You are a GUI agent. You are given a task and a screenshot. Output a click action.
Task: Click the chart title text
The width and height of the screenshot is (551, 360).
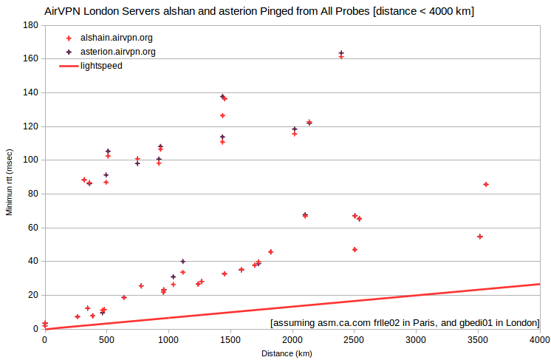click(259, 11)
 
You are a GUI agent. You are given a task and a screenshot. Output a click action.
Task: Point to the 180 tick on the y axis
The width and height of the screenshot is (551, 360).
click(30, 25)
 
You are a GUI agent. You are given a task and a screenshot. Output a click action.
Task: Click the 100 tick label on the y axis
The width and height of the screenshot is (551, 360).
click(30, 160)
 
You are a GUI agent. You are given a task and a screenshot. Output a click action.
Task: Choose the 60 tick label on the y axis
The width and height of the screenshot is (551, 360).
click(33, 228)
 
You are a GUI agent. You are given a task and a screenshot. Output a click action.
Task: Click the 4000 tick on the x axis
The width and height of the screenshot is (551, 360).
click(540, 339)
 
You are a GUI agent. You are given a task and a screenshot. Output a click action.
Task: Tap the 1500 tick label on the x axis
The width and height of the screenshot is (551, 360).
click(230, 339)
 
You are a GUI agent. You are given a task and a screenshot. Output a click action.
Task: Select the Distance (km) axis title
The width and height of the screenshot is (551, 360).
click(287, 353)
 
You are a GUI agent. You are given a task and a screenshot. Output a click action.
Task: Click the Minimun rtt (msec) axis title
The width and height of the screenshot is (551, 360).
click(9, 182)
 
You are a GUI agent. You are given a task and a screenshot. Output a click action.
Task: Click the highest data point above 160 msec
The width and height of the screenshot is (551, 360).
click(341, 53)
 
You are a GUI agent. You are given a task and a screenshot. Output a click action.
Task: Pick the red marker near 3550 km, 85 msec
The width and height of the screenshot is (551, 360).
click(486, 185)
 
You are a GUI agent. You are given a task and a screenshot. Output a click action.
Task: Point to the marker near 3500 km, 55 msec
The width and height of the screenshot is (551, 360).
click(480, 237)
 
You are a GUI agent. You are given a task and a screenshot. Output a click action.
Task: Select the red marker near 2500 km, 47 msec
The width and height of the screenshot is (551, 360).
click(355, 250)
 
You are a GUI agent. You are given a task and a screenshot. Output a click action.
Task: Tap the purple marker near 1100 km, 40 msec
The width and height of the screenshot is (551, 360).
click(182, 262)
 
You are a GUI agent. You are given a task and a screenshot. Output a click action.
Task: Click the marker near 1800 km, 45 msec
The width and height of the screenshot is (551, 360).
click(270, 252)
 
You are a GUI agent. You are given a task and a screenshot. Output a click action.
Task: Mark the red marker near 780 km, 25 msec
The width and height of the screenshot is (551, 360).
click(141, 286)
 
